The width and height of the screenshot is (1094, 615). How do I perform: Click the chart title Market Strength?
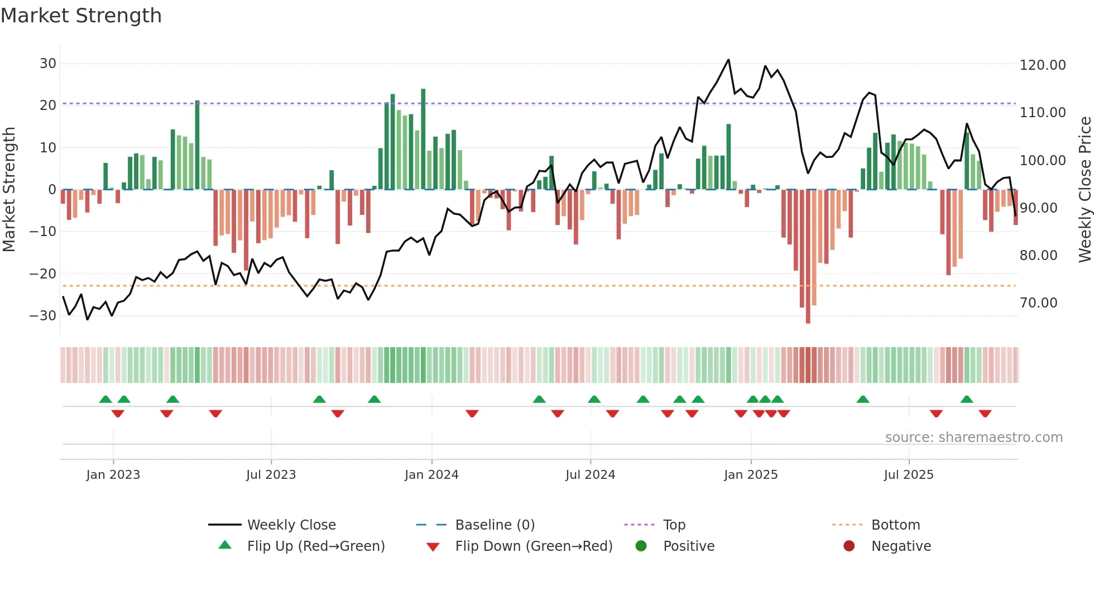[81, 16]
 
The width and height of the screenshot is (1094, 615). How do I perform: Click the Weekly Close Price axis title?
[1085, 190]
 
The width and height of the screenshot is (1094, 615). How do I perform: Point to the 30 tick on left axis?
[48, 64]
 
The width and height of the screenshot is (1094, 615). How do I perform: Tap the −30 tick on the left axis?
[43, 316]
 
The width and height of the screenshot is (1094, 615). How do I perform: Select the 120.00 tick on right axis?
[1042, 65]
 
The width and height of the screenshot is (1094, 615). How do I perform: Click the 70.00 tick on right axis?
[1038, 303]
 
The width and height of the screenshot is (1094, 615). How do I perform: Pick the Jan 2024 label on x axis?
[431, 475]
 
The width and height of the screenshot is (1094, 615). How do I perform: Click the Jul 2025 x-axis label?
[908, 475]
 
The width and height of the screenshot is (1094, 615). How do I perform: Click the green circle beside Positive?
[641, 546]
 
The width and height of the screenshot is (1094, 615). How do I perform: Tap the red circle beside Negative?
[849, 546]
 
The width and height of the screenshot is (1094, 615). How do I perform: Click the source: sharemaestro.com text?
[973, 438]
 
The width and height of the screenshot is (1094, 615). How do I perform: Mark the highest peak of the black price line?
[728, 60]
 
